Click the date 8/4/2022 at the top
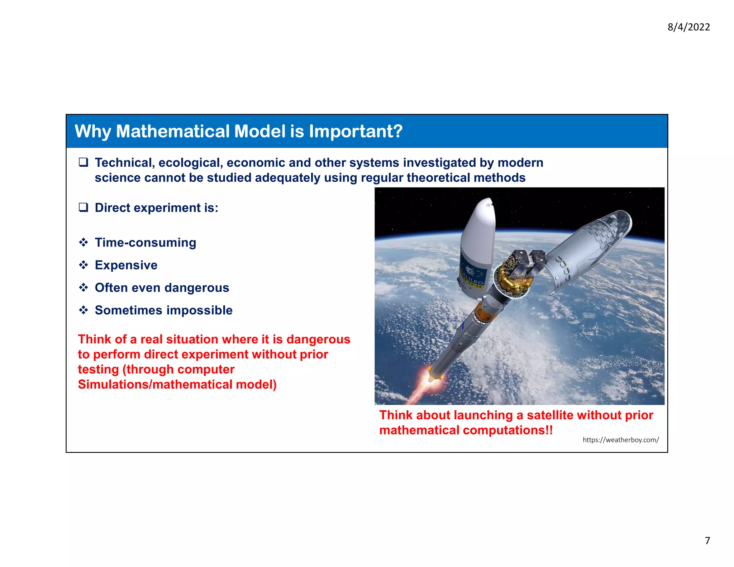pyautogui.click(x=688, y=27)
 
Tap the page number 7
pyautogui.click(x=707, y=540)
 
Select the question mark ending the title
pyautogui.click(x=398, y=131)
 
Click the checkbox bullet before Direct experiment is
pyautogui.click(x=84, y=208)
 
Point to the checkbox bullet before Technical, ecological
pyautogui.click(x=84, y=162)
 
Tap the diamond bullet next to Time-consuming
pyautogui.click(x=84, y=243)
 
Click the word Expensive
pyautogui.click(x=126, y=265)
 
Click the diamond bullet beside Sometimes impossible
pyautogui.click(x=84, y=310)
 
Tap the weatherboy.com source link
pyautogui.click(x=620, y=440)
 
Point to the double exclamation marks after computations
pyautogui.click(x=549, y=430)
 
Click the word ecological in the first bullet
pyautogui.click(x=190, y=163)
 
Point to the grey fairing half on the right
pyautogui.click(x=591, y=247)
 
